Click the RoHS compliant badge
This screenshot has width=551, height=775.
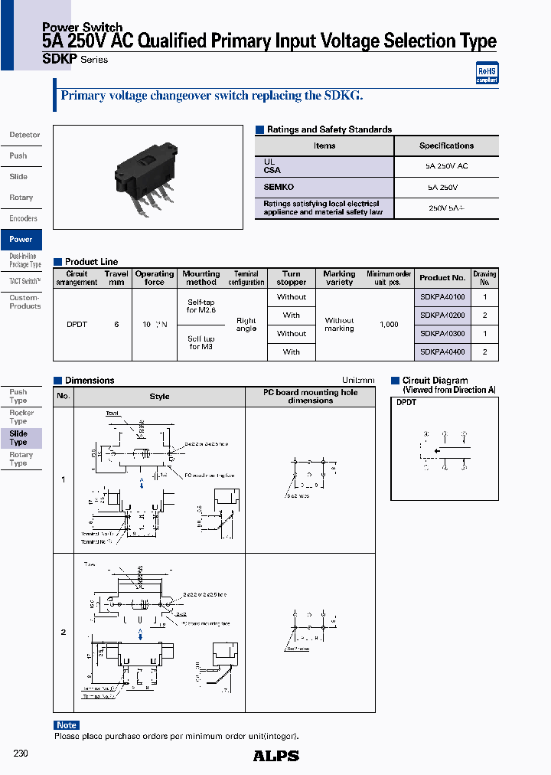pyautogui.click(x=487, y=72)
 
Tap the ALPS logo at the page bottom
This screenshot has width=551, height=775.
pyautogui.click(x=275, y=756)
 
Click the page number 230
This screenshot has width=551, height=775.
pyautogui.click(x=21, y=754)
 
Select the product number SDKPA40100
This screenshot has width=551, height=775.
pyautogui.click(x=442, y=297)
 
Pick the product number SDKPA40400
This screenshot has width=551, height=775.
pyautogui.click(x=442, y=352)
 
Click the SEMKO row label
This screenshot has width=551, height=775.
pyautogui.click(x=279, y=187)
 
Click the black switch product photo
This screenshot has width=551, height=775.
pyautogui.click(x=146, y=178)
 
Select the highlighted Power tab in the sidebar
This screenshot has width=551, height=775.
pyautogui.click(x=21, y=239)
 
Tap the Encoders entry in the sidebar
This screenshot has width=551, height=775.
pyautogui.click(x=23, y=218)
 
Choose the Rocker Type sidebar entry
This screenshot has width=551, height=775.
pyautogui.click(x=21, y=417)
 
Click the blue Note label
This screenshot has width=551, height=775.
pyautogui.click(x=67, y=725)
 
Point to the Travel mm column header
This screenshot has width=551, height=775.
pyautogui.click(x=116, y=277)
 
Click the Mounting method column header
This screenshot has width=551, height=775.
pyautogui.click(x=201, y=277)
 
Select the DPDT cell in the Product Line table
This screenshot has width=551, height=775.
pyautogui.click(x=77, y=325)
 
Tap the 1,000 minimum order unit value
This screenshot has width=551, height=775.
pyautogui.click(x=389, y=325)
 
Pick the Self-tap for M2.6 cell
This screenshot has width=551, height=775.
pyautogui.click(x=201, y=306)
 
